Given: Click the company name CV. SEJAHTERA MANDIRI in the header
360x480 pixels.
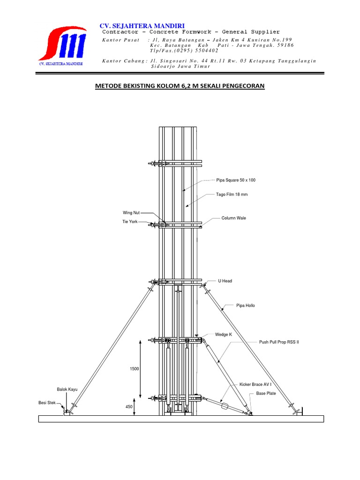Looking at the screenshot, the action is coord(142,26).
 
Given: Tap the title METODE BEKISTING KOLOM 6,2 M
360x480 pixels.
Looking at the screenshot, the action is coord(180,86).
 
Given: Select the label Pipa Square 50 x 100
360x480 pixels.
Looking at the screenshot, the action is coord(236,180).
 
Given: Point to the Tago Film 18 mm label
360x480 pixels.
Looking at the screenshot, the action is coord(232,195).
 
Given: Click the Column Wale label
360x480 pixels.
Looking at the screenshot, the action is coord(233,218).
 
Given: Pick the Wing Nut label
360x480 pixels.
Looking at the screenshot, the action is coord(131,213).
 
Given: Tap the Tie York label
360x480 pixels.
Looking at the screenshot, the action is coord(130,222).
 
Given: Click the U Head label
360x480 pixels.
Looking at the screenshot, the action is coord(225,281).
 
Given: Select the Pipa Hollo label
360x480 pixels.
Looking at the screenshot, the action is coord(246,306).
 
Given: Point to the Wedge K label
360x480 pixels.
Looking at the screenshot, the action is coord(224,335).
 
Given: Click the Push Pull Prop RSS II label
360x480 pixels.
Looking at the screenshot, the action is coord(279,342).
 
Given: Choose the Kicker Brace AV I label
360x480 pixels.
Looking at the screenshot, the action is coord(255,384).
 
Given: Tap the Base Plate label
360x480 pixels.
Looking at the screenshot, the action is coord(266,393).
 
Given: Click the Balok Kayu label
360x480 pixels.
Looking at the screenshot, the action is coord(67,390).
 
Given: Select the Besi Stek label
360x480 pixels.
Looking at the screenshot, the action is coord(47,403).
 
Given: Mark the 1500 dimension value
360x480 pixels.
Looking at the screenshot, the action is coord(135,369).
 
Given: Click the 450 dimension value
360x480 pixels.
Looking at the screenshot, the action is coord(129,406).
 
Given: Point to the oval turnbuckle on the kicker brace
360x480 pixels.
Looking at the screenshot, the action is coord(225,406).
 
